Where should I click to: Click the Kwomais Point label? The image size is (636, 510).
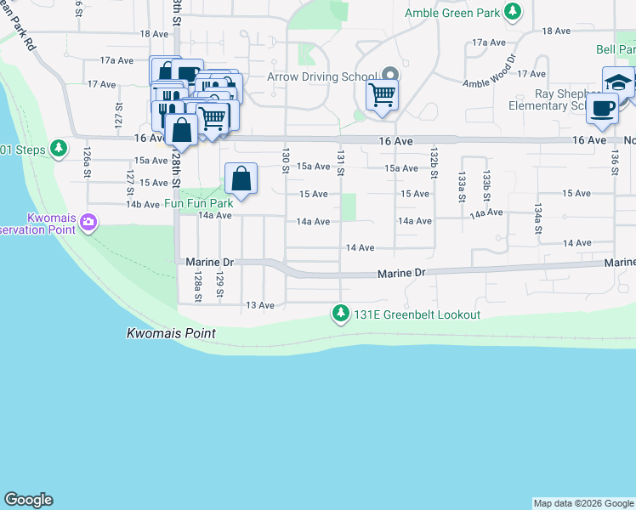pyautogui.click(x=170, y=333)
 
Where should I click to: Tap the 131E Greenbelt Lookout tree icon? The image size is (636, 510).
pyautogui.click(x=341, y=314)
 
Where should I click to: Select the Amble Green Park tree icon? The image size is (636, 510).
pyautogui.click(x=513, y=12)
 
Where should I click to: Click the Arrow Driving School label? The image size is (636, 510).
pyautogui.click(x=321, y=76)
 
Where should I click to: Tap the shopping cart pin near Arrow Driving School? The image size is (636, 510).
pyautogui.click(x=383, y=94)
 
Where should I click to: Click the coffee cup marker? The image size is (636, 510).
pyautogui.click(x=602, y=108)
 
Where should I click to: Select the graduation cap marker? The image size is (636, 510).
pyautogui.click(x=618, y=82)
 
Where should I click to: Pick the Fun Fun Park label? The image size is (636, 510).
pyautogui.click(x=199, y=204)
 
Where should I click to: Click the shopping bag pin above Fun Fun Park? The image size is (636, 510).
pyautogui.click(x=241, y=179)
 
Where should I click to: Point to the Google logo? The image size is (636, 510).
pyautogui.click(x=28, y=500)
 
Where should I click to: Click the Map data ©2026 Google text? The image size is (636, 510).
pyautogui.click(x=583, y=503)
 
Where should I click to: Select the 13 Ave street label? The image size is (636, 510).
pyautogui.click(x=259, y=305)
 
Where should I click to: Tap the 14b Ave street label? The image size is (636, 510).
pyautogui.click(x=143, y=205)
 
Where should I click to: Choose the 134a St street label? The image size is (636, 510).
pyautogui.click(x=538, y=218)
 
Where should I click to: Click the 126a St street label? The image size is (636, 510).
pyautogui.click(x=87, y=161)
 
